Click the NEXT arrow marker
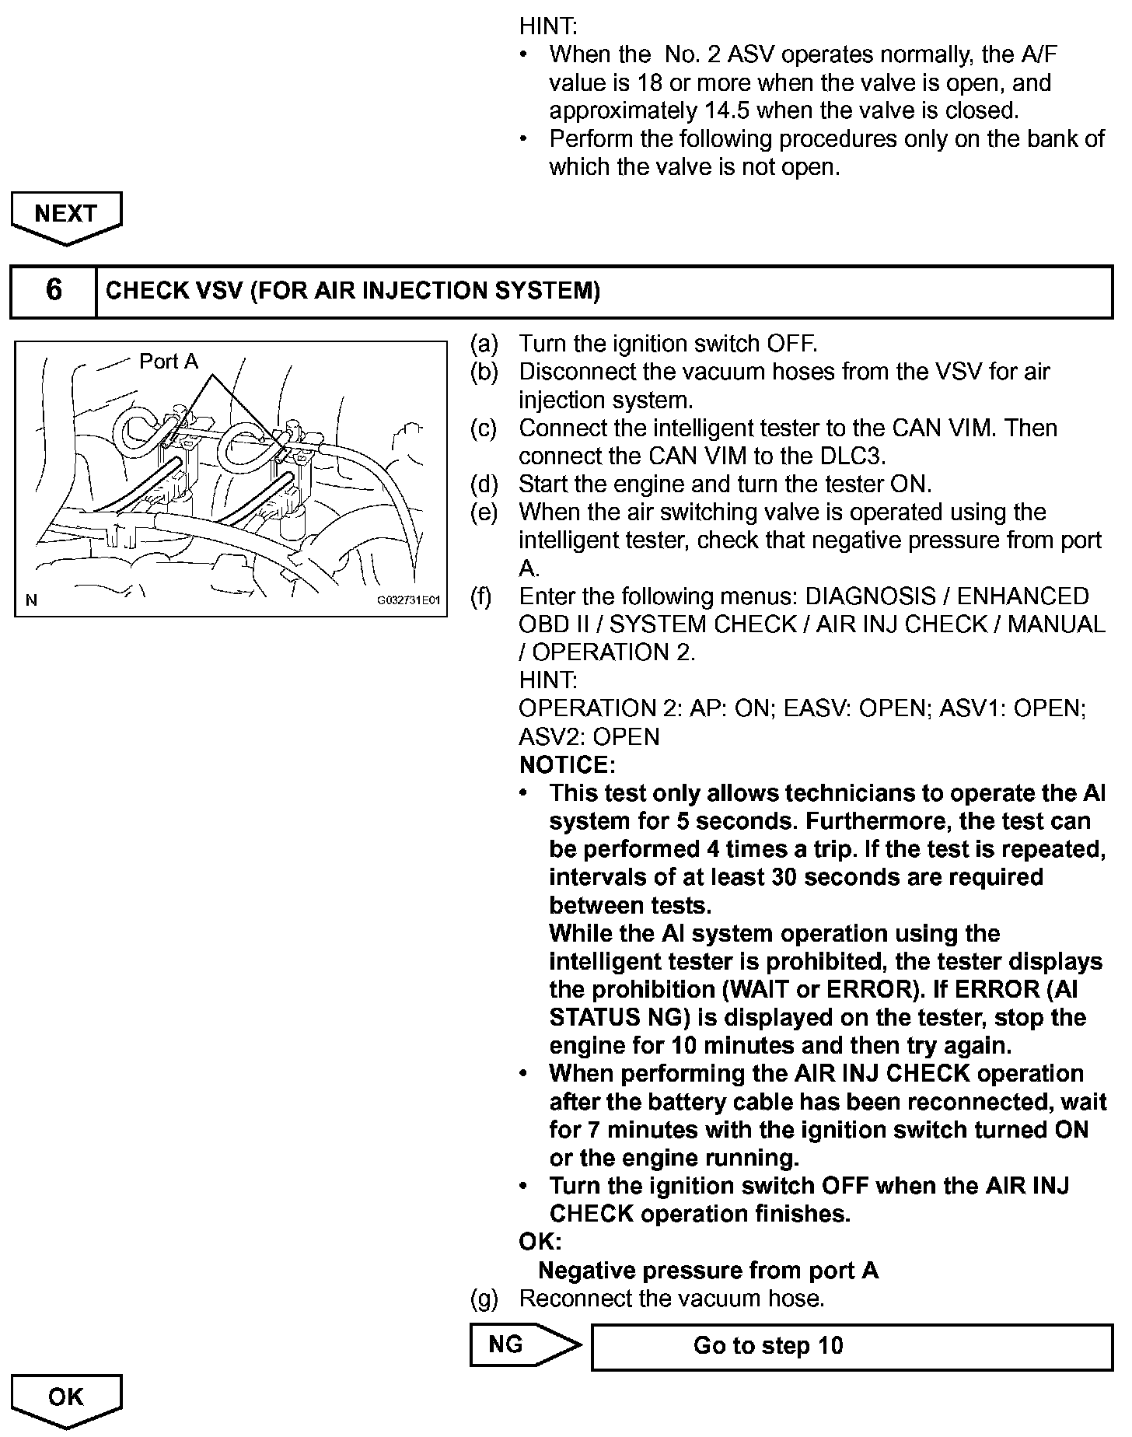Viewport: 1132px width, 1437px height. point(66,215)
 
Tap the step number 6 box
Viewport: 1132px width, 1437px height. point(54,291)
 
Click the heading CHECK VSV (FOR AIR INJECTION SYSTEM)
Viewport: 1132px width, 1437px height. point(353,291)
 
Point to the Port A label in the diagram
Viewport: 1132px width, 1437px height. point(169,362)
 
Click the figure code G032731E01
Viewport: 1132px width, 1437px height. point(409,600)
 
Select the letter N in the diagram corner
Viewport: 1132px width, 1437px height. point(31,600)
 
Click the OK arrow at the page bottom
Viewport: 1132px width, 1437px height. point(66,1399)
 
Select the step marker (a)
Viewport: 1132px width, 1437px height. point(484,344)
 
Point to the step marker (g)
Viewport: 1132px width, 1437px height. point(484,1299)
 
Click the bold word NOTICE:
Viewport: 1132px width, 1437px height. point(567,765)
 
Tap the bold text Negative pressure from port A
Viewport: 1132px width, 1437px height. point(708,1271)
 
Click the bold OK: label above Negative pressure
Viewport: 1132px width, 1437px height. point(540,1242)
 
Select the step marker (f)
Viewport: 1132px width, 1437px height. point(482,596)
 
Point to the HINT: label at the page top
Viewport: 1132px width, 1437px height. point(548,26)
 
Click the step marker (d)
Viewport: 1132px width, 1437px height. point(484,484)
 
